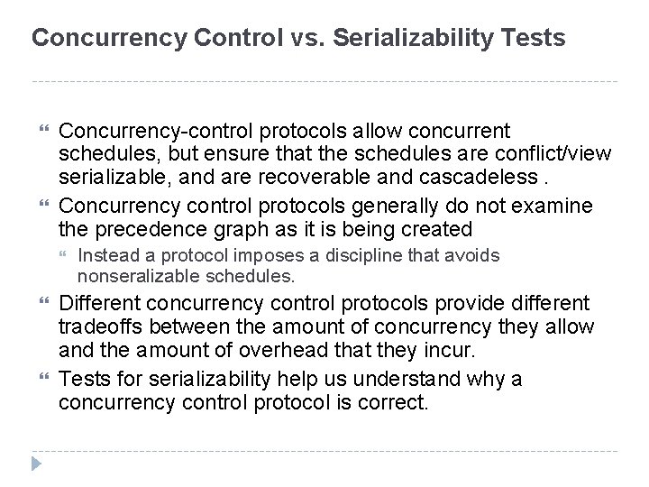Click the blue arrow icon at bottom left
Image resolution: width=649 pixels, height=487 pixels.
[x=37, y=464]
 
